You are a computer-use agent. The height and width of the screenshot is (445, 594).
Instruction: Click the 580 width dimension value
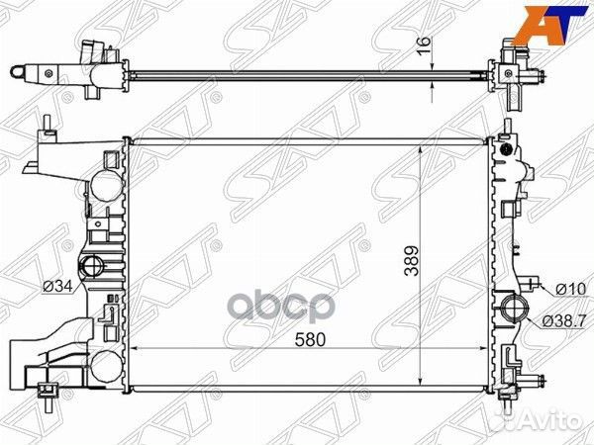point(310,340)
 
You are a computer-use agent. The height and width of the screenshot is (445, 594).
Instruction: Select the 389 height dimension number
point(412,261)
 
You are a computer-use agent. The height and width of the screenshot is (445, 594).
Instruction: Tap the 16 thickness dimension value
point(424,45)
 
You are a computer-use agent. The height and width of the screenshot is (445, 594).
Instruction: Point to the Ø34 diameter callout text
point(57,287)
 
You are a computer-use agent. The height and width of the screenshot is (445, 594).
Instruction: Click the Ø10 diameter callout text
point(570,290)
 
